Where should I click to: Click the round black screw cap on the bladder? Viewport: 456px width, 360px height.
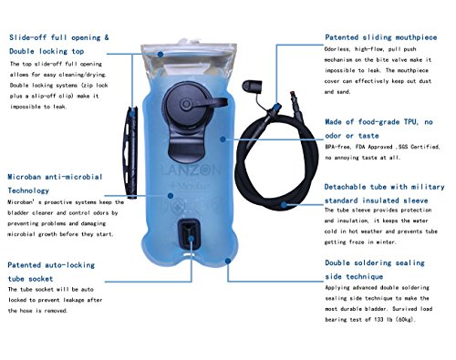coord(185,105)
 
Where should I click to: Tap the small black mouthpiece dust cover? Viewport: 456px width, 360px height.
coord(252,86)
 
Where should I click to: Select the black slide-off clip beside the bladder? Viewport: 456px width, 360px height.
coord(130,152)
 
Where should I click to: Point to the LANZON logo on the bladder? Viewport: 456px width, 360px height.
coord(191,170)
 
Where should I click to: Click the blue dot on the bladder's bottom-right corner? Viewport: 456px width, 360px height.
coord(228,261)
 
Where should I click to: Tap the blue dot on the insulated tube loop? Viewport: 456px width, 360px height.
coord(284,205)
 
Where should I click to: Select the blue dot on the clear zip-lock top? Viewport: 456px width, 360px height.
coord(161,54)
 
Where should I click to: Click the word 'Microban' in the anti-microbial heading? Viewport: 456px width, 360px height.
coord(25,177)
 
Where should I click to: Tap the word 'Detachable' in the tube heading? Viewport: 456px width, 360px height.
coord(345,187)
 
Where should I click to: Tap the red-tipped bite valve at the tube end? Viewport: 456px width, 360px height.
coord(295,105)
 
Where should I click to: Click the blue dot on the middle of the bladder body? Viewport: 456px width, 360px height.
coord(223,139)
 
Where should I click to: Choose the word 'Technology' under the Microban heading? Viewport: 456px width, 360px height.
coord(28,190)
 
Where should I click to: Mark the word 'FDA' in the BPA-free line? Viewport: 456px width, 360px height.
coord(361,147)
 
